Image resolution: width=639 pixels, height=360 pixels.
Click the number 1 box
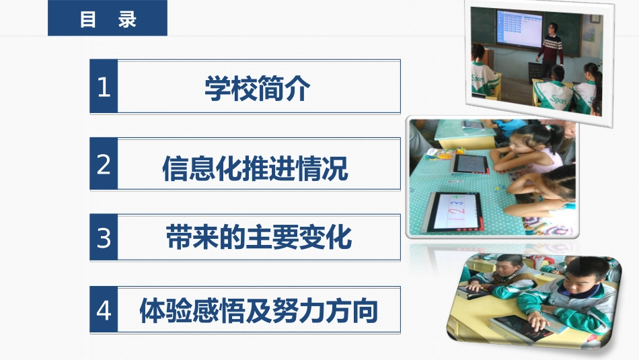(x=104, y=87)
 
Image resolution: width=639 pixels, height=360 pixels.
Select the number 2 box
(x=104, y=164)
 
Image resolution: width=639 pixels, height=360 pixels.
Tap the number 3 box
(x=104, y=238)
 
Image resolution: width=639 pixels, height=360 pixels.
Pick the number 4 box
(x=104, y=310)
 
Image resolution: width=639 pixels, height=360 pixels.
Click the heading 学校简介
(x=257, y=88)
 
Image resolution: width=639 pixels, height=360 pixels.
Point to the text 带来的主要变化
(x=258, y=238)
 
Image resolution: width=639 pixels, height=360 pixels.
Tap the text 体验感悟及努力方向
(x=258, y=311)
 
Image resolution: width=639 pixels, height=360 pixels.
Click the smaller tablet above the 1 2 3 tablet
(x=469, y=163)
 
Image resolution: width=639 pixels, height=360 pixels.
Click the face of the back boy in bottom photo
(x=505, y=268)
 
